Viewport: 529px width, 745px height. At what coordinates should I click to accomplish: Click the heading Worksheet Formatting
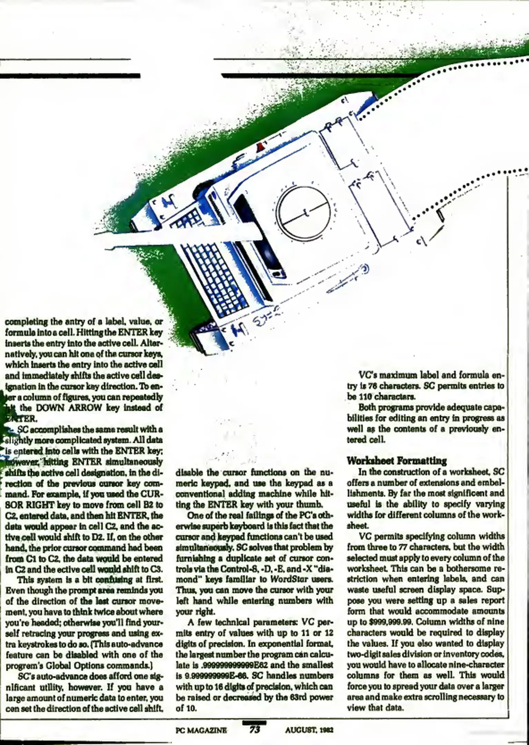point(396,461)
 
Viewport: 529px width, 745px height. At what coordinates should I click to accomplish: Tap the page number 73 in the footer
point(254,729)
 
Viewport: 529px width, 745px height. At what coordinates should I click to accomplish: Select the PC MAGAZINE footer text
point(201,730)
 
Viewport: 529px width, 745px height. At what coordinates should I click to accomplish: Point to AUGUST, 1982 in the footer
point(309,730)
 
